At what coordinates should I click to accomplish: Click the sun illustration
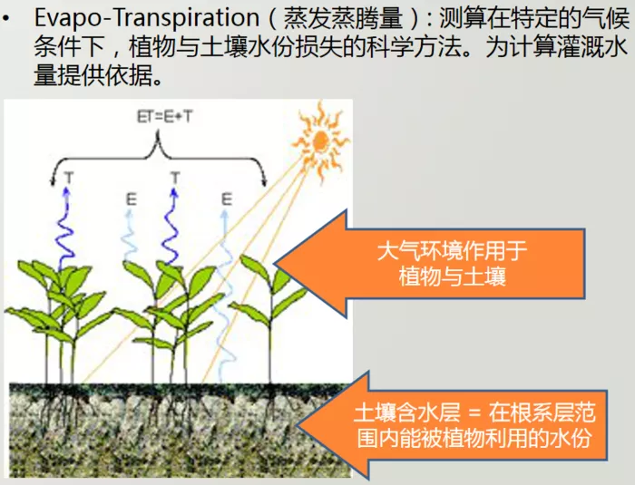point(321,141)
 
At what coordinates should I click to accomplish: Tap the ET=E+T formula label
point(164,117)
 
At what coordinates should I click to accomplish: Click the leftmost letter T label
point(69,178)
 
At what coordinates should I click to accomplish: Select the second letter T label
point(175,178)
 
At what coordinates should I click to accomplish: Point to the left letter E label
point(132,199)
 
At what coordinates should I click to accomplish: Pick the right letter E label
point(227,199)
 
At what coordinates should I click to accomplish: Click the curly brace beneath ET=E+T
point(158,158)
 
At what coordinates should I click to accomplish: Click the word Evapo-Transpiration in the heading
point(147,18)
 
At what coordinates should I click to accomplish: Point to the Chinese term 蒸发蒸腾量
point(343,19)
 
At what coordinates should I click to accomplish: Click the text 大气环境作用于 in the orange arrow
point(452,251)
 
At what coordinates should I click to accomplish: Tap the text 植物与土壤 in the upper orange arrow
point(453,277)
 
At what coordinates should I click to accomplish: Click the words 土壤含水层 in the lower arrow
point(407,413)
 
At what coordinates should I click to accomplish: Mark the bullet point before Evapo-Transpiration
point(5,19)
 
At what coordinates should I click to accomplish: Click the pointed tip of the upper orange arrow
point(275,264)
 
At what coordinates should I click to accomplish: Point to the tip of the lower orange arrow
point(298,426)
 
